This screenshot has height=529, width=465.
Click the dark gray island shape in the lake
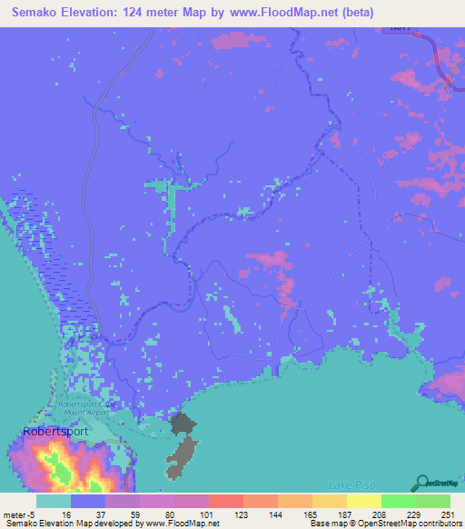tap(184, 444)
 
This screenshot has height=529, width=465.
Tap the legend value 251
tap(450, 514)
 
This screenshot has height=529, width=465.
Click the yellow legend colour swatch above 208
tap(363, 501)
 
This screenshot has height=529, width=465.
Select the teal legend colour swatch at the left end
tap(54, 501)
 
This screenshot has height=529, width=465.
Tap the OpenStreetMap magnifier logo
tap(420, 482)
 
